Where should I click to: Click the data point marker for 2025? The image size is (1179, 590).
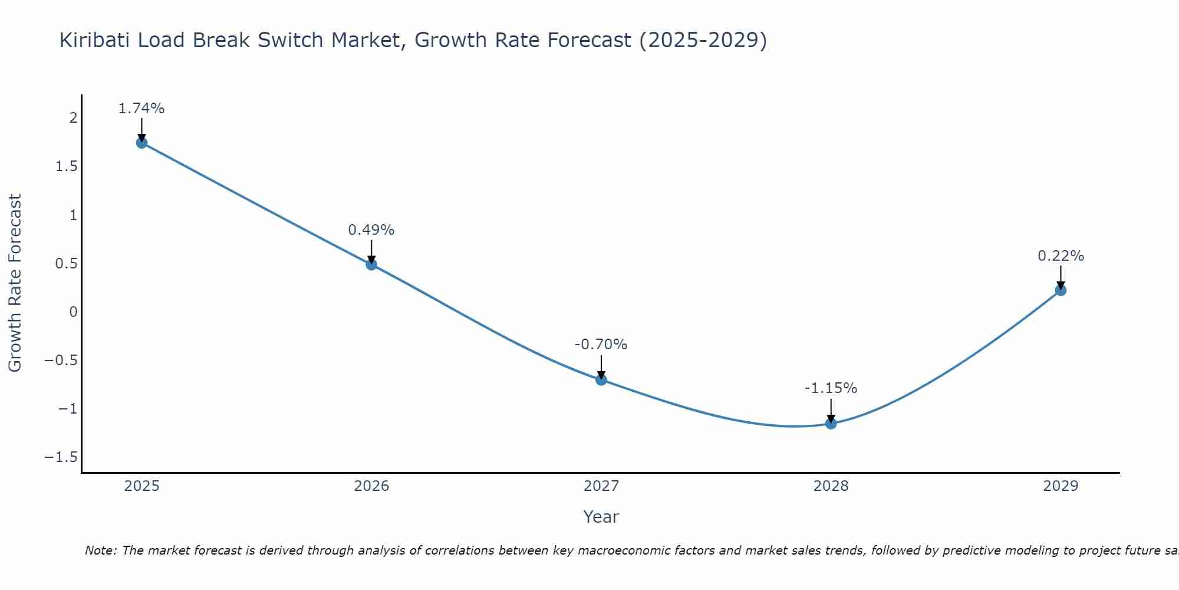[x=141, y=142]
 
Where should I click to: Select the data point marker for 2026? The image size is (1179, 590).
[x=371, y=264]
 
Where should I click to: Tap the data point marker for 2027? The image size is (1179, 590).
[x=601, y=379]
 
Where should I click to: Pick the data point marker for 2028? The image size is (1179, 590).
[x=831, y=423]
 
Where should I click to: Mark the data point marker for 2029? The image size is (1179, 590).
[x=1061, y=290]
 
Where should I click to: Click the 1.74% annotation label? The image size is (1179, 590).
[x=141, y=109]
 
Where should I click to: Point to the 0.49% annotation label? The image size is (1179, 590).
[x=371, y=230]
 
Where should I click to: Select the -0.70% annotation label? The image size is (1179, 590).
[x=601, y=345]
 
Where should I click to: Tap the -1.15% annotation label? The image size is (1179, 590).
[x=831, y=388]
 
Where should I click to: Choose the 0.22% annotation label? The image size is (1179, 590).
[x=1061, y=256]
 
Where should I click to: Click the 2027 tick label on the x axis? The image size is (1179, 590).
[x=601, y=486]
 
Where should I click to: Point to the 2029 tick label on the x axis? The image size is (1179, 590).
[x=1061, y=486]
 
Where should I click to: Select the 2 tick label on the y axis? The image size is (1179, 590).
[x=74, y=118]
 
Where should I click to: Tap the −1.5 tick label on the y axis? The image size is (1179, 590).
[x=61, y=457]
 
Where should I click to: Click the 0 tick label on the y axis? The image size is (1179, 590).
[x=74, y=312]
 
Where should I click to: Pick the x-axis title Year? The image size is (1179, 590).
[x=601, y=517]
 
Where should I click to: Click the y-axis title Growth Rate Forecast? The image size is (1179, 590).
[x=15, y=283]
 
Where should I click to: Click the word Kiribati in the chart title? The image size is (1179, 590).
[x=97, y=40]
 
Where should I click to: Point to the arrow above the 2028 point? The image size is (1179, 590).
[x=831, y=410]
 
